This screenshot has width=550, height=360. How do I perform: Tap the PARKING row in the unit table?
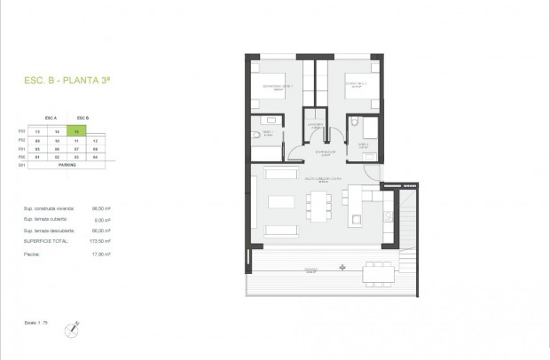pyautogui.click(x=67, y=165)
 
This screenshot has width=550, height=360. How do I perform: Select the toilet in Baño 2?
pyautogui.click(x=353, y=124)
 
